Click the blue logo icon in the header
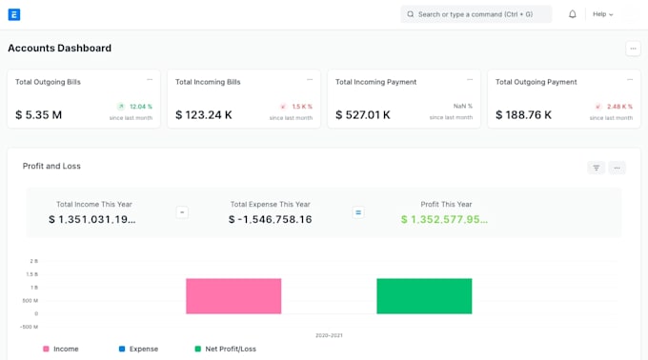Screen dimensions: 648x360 tap(14, 15)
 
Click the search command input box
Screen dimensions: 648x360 tap(476, 14)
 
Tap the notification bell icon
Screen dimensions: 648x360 tap(573, 14)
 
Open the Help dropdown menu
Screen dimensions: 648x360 tap(602, 14)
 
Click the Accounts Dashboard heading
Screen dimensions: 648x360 tap(59, 48)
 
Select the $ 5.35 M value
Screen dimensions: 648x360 tap(38, 115)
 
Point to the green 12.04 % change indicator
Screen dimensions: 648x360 tap(134, 107)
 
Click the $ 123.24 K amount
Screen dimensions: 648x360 tap(204, 115)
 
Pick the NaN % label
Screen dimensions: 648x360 tap(462, 106)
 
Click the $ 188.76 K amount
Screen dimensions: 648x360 tap(523, 115)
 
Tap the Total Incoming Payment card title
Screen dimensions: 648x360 tap(375, 82)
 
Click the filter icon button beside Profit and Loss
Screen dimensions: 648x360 tap(596, 168)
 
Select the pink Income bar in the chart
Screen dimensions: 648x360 tap(233, 296)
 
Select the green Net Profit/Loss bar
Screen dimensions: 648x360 tap(424, 296)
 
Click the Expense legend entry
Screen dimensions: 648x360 tap(138, 349)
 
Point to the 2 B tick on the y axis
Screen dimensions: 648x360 tap(34, 261)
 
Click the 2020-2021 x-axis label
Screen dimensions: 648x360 tap(329, 335)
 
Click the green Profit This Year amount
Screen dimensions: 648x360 tap(444, 219)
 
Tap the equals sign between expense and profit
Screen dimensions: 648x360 tap(358, 212)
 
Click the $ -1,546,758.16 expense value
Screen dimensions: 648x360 tap(271, 219)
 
